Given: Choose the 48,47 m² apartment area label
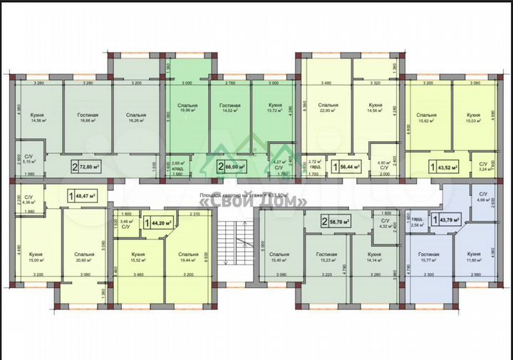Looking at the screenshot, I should pyautogui.click(x=85, y=194).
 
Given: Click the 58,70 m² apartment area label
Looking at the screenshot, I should pyautogui.click(x=338, y=222).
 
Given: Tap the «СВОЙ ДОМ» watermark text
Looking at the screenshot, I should pyautogui.click(x=256, y=202).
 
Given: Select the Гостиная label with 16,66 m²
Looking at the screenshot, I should pyautogui.click(x=88, y=118).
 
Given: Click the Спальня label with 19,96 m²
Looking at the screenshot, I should pyautogui.click(x=187, y=108).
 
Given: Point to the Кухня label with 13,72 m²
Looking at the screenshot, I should pyautogui.click(x=273, y=108).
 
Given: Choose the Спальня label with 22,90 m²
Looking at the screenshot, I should pyautogui.click(x=328, y=108).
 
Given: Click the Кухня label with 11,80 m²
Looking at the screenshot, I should pyautogui.click(x=473, y=257).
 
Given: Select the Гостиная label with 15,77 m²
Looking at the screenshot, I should pyautogui.click(x=428, y=257).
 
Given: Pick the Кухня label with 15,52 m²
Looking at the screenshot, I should pyautogui.click(x=138, y=257).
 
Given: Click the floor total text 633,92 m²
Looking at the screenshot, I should pyautogui.click(x=253, y=193).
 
